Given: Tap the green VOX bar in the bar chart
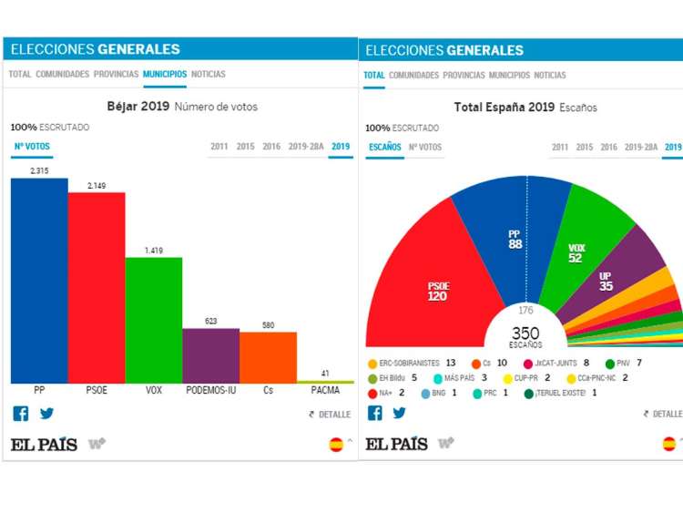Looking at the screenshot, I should [154, 320].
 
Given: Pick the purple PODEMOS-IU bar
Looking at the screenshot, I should [210, 355].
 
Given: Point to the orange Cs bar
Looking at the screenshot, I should [268, 357].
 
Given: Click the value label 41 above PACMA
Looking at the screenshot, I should [325, 373].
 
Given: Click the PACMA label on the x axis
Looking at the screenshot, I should [325, 391].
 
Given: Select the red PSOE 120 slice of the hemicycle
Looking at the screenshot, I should [428, 282].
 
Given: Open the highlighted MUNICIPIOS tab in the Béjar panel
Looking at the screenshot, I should [165, 75].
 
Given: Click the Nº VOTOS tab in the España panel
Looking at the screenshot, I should [425, 148].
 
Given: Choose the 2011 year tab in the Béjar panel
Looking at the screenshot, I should [219, 147].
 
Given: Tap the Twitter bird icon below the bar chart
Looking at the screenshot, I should [46, 413].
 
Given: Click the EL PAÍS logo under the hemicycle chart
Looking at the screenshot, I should [396, 444].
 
